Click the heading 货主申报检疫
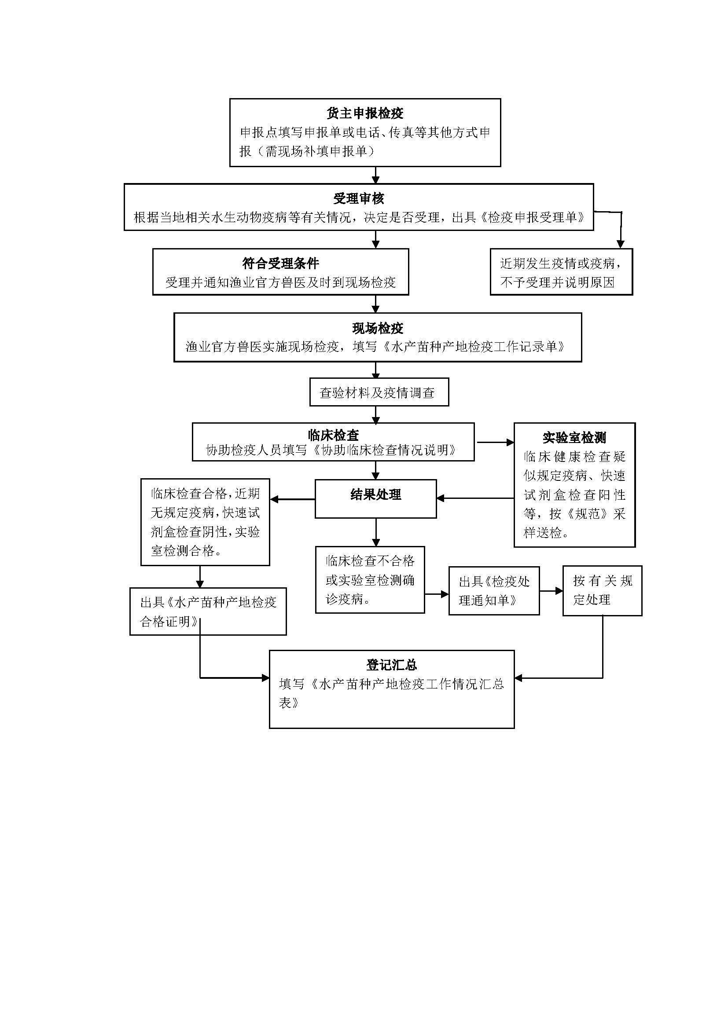365,114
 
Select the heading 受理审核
359,198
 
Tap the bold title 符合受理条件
281,263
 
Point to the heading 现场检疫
378,328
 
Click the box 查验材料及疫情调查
379,392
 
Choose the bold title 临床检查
333,435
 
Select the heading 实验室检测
574,437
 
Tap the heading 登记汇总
391,665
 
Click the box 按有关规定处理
602,590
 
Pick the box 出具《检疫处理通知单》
494,591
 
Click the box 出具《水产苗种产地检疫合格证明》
208,612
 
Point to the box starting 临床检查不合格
370,579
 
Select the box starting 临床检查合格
205,522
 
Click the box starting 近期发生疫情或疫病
561,272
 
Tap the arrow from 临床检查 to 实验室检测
494,442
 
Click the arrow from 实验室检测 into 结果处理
475,498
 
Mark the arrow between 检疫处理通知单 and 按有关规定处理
551,591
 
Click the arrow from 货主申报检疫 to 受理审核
375,175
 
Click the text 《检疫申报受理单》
533,218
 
